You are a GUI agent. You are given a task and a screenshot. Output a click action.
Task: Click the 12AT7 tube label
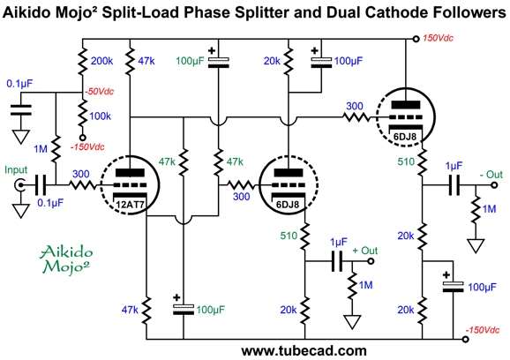(130, 205)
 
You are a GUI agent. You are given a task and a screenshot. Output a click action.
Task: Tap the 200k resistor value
(101, 61)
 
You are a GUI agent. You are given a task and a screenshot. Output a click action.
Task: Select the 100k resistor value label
(101, 116)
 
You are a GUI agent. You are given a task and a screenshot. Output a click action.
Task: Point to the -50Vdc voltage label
(99, 92)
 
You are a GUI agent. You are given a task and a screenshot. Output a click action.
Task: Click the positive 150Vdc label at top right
(438, 38)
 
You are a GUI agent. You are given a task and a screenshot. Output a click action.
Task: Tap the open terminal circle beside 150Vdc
(416, 39)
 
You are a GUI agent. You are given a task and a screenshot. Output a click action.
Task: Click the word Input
(16, 170)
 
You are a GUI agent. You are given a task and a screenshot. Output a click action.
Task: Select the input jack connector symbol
(19, 185)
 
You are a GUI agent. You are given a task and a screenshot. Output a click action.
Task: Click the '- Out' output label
(491, 175)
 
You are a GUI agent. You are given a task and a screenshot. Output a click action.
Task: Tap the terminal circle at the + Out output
(371, 261)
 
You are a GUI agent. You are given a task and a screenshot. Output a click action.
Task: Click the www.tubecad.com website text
(304, 351)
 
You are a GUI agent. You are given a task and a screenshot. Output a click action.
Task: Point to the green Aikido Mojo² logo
(66, 259)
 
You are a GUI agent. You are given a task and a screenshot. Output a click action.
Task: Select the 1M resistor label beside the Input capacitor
(41, 149)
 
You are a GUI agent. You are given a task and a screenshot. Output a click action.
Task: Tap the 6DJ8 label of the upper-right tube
(405, 137)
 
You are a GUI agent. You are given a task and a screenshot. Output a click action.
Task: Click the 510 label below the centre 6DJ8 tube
(289, 236)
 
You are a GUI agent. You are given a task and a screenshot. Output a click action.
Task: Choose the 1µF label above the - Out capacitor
(454, 167)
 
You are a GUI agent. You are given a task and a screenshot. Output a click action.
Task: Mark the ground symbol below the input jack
(21, 210)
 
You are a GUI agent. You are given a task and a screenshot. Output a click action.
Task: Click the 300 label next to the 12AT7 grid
(81, 174)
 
